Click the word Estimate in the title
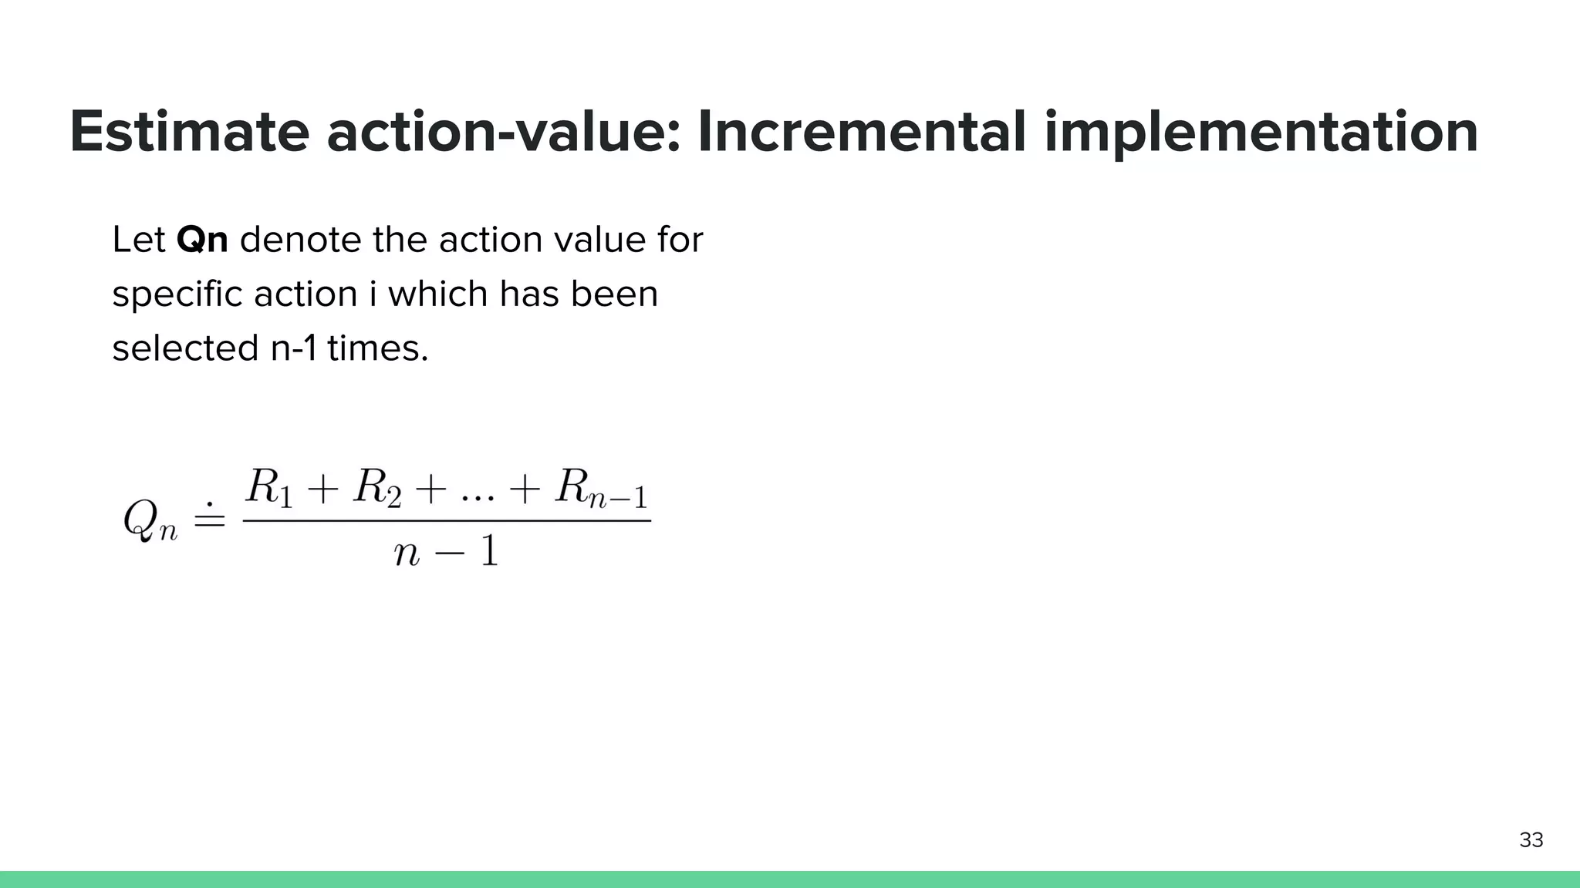point(189,133)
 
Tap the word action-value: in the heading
point(503,133)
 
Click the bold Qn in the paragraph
point(202,240)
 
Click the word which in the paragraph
point(437,294)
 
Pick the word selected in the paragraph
point(185,348)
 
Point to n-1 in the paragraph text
point(293,348)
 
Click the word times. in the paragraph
point(377,348)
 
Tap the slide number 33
point(1531,840)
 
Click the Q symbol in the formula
point(141,518)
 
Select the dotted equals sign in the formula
point(209,516)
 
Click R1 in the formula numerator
point(269,489)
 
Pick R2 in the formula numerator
point(377,489)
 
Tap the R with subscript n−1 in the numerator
point(601,489)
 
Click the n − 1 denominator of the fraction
point(446,552)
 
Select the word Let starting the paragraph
point(139,240)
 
